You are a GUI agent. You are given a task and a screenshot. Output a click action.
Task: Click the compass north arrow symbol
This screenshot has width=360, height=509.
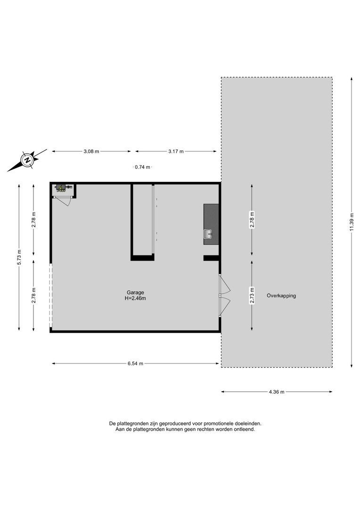[27, 160]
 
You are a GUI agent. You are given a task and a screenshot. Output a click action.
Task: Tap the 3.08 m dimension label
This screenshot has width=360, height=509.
[91, 151]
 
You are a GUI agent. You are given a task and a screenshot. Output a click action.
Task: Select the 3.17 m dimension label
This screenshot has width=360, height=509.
[176, 151]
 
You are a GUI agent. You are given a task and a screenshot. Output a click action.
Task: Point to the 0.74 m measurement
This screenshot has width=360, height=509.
[142, 167]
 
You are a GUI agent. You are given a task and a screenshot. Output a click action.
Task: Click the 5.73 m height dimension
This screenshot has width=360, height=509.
[19, 257]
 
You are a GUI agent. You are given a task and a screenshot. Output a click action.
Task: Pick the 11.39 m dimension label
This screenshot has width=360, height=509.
[351, 222]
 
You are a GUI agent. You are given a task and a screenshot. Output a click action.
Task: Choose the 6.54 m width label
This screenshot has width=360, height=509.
[135, 363]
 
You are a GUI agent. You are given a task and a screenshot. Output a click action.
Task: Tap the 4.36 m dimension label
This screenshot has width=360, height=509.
[277, 392]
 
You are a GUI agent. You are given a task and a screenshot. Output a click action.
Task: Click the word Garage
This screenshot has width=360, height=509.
[135, 292]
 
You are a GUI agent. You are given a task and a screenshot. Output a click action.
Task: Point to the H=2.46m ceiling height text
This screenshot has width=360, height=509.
[135, 298]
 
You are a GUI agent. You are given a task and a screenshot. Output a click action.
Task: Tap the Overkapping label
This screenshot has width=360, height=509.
[281, 296]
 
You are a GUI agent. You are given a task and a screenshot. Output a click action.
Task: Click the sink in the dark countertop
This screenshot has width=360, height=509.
[207, 232]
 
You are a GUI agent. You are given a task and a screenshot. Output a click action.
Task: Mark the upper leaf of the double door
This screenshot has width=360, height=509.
[225, 285]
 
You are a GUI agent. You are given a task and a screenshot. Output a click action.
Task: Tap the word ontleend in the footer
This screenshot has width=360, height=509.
[244, 429]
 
